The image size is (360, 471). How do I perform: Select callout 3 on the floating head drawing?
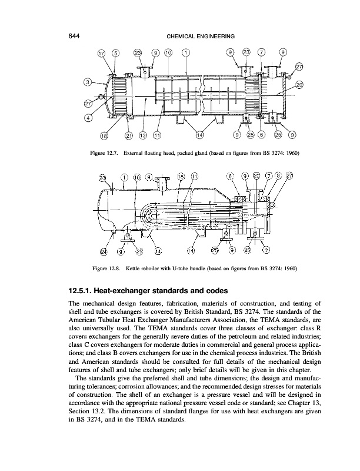tap(88, 81)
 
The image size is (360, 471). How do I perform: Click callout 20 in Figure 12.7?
tap(299, 85)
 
